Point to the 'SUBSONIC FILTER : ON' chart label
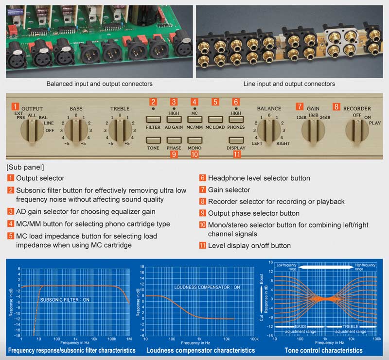tap(65, 300)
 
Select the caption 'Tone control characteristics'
tap(323, 350)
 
